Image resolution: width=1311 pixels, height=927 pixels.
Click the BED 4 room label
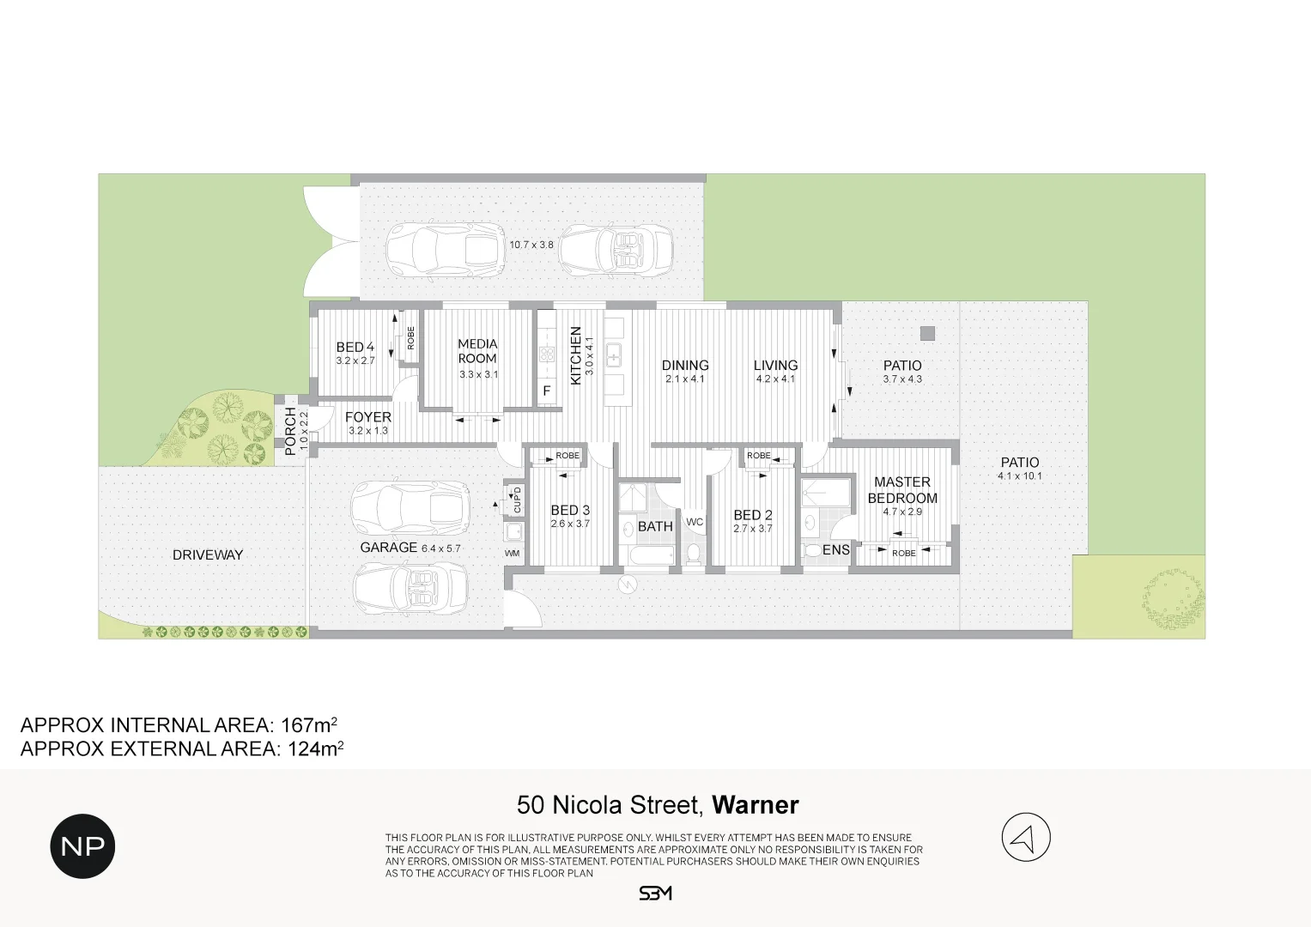[355, 347]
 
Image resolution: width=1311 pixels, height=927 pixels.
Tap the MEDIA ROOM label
[477, 351]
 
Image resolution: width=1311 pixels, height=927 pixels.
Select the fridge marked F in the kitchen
[547, 391]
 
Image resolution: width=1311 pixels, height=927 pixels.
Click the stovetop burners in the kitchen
[547, 354]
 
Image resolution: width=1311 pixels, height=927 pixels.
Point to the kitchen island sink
[614, 354]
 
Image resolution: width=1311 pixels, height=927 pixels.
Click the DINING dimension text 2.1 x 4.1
[685, 379]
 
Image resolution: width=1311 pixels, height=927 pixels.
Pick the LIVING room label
[775, 365]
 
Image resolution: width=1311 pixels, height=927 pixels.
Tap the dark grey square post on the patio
[927, 334]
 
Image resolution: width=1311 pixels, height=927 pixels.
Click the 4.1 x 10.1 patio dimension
[1020, 476]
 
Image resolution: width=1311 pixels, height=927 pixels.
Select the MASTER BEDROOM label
[902, 490]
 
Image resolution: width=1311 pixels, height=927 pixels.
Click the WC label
[695, 522]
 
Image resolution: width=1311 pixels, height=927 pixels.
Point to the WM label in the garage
[512, 553]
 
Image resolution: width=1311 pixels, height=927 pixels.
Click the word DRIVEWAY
[208, 554]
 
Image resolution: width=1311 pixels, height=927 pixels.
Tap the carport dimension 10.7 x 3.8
[531, 245]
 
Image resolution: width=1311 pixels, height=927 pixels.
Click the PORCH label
[290, 432]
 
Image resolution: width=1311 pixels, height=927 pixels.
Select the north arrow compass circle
[1026, 837]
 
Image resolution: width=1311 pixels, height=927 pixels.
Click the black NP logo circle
[82, 846]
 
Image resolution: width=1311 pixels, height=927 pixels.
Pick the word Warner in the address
[755, 805]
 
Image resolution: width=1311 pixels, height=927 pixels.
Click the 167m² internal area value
[309, 725]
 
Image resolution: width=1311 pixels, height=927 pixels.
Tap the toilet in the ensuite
[814, 551]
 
